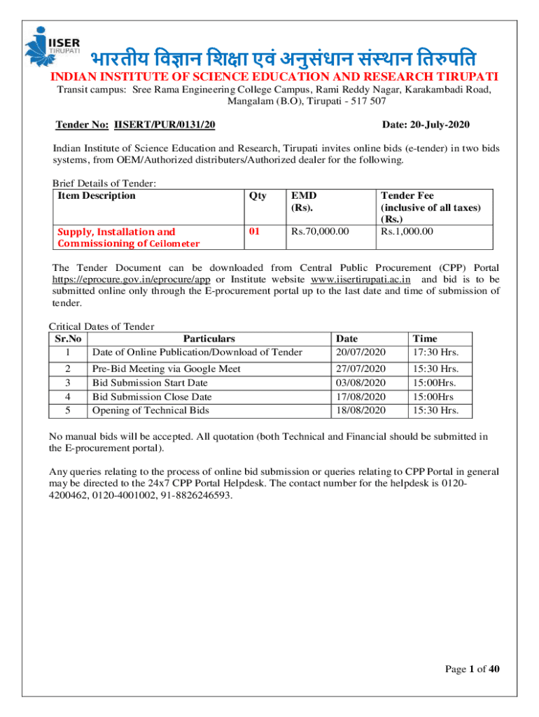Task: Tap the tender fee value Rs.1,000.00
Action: click(407, 232)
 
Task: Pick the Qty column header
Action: click(257, 196)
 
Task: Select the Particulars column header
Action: click(207, 339)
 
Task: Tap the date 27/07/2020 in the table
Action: click(361, 369)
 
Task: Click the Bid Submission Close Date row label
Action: click(152, 397)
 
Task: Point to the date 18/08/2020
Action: click(361, 410)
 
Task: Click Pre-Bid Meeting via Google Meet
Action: click(167, 369)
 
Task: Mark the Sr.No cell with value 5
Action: click(67, 410)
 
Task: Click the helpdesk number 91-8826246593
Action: click(197, 495)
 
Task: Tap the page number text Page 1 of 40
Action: click(472, 670)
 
